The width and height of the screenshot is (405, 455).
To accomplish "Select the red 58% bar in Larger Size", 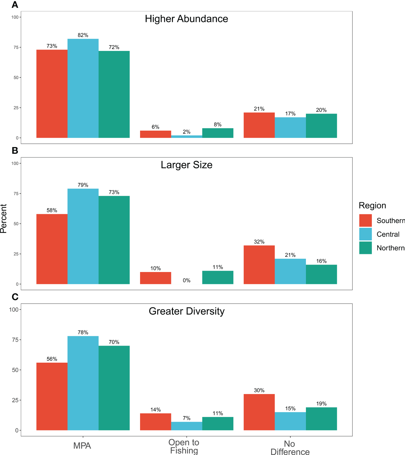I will (x=52, y=249).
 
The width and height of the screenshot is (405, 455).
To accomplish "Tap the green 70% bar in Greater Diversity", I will (x=114, y=388).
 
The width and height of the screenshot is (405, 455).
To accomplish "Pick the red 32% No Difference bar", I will (x=259, y=265).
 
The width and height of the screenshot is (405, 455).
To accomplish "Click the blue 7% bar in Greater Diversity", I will (x=187, y=426).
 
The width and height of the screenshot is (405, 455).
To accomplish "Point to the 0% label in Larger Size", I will (x=187, y=280).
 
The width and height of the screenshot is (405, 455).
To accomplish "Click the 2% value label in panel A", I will (x=187, y=132).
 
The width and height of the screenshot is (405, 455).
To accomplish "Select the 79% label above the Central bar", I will (x=83, y=185).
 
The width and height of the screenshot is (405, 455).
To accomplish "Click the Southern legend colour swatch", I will (x=365, y=220).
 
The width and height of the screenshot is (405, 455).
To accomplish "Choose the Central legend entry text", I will (x=388, y=234).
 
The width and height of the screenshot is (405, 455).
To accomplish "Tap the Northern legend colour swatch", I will (x=365, y=248).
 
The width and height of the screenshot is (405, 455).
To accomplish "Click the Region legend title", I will (x=372, y=206).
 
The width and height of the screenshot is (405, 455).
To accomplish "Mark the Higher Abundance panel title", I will (x=187, y=19).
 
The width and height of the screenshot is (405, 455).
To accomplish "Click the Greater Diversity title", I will (x=187, y=311).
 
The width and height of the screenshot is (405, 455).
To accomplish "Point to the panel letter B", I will (x=15, y=150).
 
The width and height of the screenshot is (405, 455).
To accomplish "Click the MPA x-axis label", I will (x=82, y=446).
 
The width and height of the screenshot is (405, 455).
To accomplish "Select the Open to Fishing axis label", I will (x=184, y=446).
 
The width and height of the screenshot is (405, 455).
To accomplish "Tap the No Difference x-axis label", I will (x=290, y=448).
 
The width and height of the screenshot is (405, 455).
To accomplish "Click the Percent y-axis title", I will (x=4, y=218).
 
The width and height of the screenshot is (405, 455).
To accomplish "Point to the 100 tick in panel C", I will (x=14, y=309).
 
